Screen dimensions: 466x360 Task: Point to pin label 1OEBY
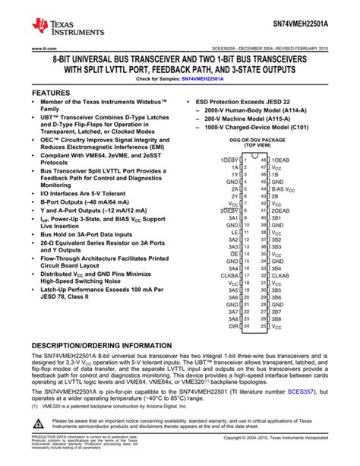[x=229, y=160]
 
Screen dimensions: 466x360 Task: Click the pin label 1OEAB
[x=281, y=160]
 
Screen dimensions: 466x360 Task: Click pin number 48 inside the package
[x=264, y=160]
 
